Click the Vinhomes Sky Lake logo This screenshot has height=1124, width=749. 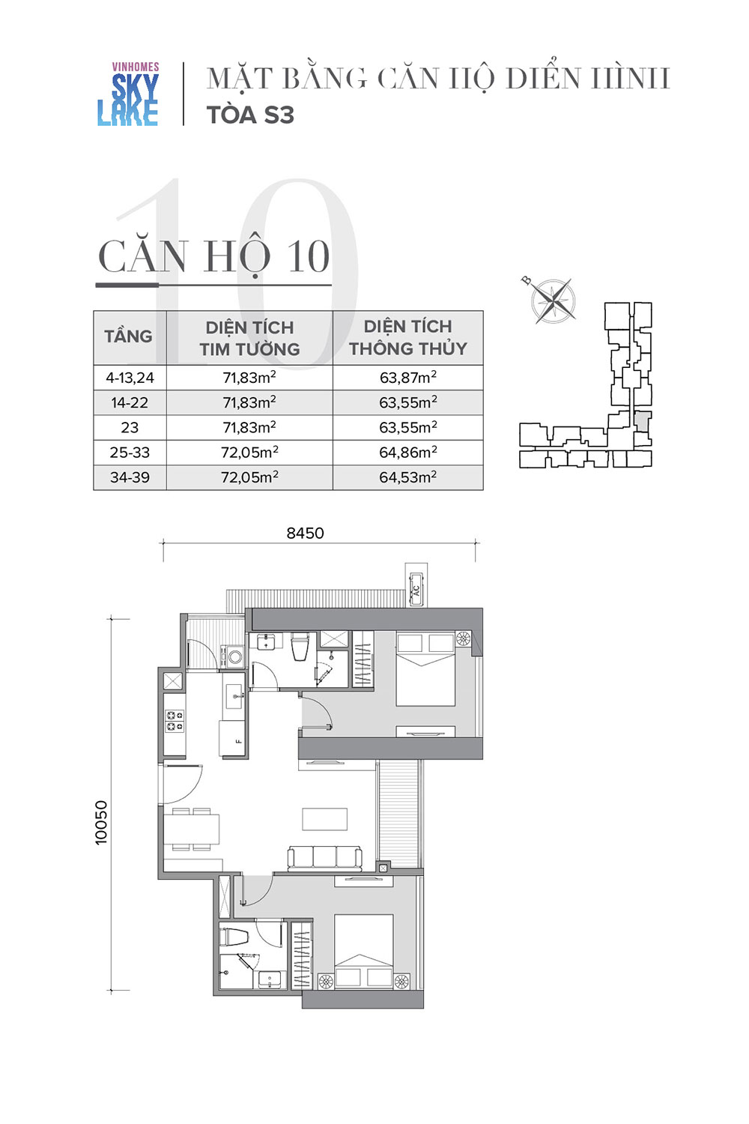(128, 94)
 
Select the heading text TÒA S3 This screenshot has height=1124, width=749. (250, 115)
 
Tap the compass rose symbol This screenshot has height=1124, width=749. (552, 300)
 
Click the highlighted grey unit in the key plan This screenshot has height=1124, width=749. (642, 421)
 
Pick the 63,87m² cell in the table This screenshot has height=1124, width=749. (408, 378)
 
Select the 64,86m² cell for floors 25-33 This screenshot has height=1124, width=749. (408, 452)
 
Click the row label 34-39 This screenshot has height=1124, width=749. (130, 477)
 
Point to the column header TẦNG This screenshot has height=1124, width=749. (128, 336)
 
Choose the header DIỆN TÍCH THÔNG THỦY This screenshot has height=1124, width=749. (408, 337)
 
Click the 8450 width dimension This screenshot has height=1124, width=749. (305, 533)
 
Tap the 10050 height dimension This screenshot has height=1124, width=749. (101, 823)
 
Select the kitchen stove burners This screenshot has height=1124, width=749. (175, 721)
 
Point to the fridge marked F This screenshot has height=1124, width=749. (231, 738)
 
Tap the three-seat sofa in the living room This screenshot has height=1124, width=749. (324, 859)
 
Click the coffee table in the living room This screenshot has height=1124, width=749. (324, 819)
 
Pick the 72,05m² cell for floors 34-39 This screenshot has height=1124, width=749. (250, 477)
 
